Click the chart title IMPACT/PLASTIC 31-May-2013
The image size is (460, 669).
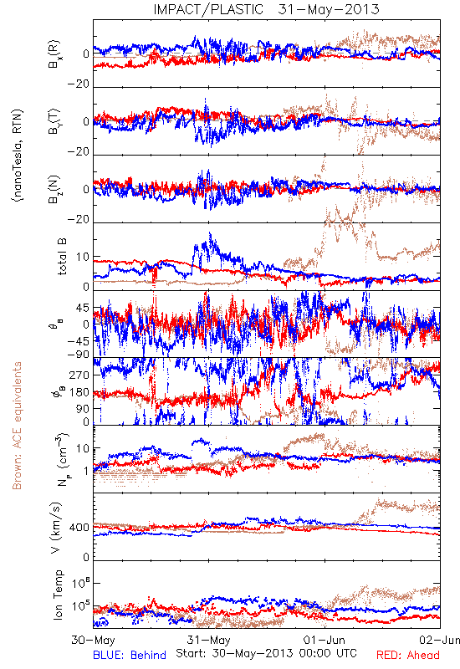tap(266, 9)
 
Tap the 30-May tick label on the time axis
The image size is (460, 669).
tap(93, 640)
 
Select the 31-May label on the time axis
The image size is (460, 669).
tap(208, 640)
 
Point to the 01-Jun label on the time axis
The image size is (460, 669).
tap(325, 640)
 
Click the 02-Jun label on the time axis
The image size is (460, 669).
tap(440, 640)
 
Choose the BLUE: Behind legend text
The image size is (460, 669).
tap(130, 655)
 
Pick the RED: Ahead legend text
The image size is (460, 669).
tap(408, 655)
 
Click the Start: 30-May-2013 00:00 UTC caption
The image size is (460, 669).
tap(266, 653)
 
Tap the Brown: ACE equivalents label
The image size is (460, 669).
tap(17, 426)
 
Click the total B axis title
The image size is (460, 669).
tap(62, 257)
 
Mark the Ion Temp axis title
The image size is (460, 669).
tap(59, 595)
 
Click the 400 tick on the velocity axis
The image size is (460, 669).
tap(79, 528)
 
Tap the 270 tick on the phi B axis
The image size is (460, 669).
tap(79, 375)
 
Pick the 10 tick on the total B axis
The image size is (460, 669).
tap(83, 257)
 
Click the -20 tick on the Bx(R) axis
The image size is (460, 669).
tap(78, 84)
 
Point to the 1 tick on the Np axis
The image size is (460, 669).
tap(87, 471)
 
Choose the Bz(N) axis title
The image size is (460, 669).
tap(54, 189)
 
